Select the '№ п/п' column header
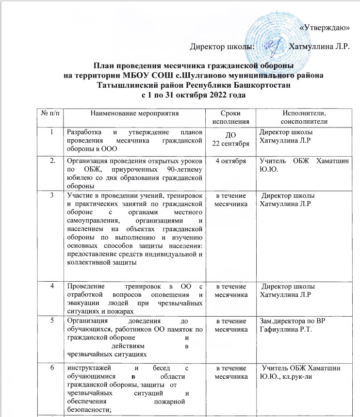point(50,113)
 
